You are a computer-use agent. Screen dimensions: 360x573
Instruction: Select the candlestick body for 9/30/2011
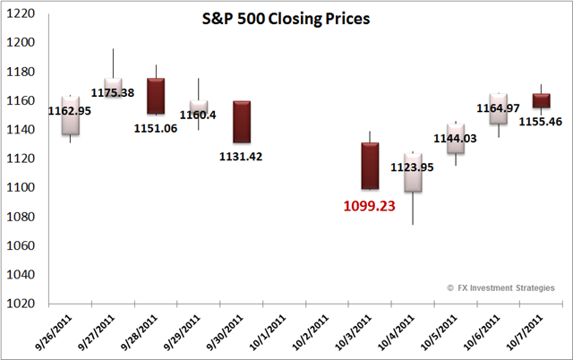click(x=242, y=122)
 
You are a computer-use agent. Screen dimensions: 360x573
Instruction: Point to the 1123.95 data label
click(x=412, y=167)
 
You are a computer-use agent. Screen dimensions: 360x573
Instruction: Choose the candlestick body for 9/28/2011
click(x=156, y=96)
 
